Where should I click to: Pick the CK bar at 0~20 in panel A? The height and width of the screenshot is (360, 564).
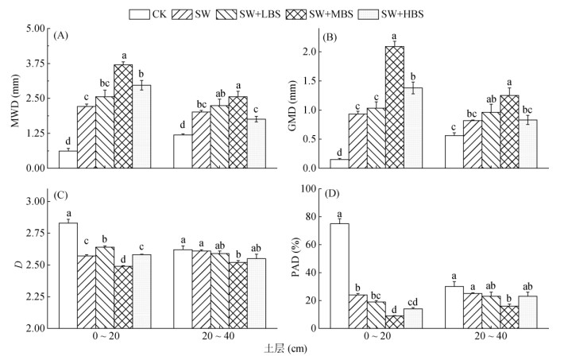point(68,159)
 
